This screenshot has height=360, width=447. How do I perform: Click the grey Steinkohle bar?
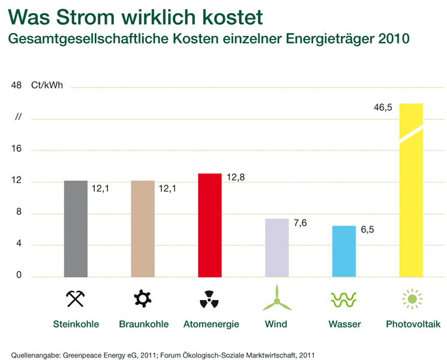[x=76, y=229]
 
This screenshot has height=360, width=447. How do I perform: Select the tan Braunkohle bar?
[x=143, y=229]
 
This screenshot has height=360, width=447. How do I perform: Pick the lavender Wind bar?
[x=277, y=247]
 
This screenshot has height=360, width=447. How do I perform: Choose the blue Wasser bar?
[x=344, y=251]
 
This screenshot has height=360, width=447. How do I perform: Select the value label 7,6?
[x=300, y=223]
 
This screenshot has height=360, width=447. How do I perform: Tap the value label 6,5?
[x=367, y=230]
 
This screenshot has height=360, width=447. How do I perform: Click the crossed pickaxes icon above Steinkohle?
[x=76, y=299]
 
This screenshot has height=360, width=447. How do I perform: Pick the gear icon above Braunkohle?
[x=143, y=298]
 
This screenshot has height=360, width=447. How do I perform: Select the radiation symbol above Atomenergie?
[x=209, y=299]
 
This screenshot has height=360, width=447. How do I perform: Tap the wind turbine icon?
[x=277, y=298]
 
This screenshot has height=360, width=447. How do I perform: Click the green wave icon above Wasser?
[x=344, y=298]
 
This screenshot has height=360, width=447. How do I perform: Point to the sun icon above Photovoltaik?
[x=411, y=298]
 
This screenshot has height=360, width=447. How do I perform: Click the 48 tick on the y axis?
[x=16, y=85]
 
